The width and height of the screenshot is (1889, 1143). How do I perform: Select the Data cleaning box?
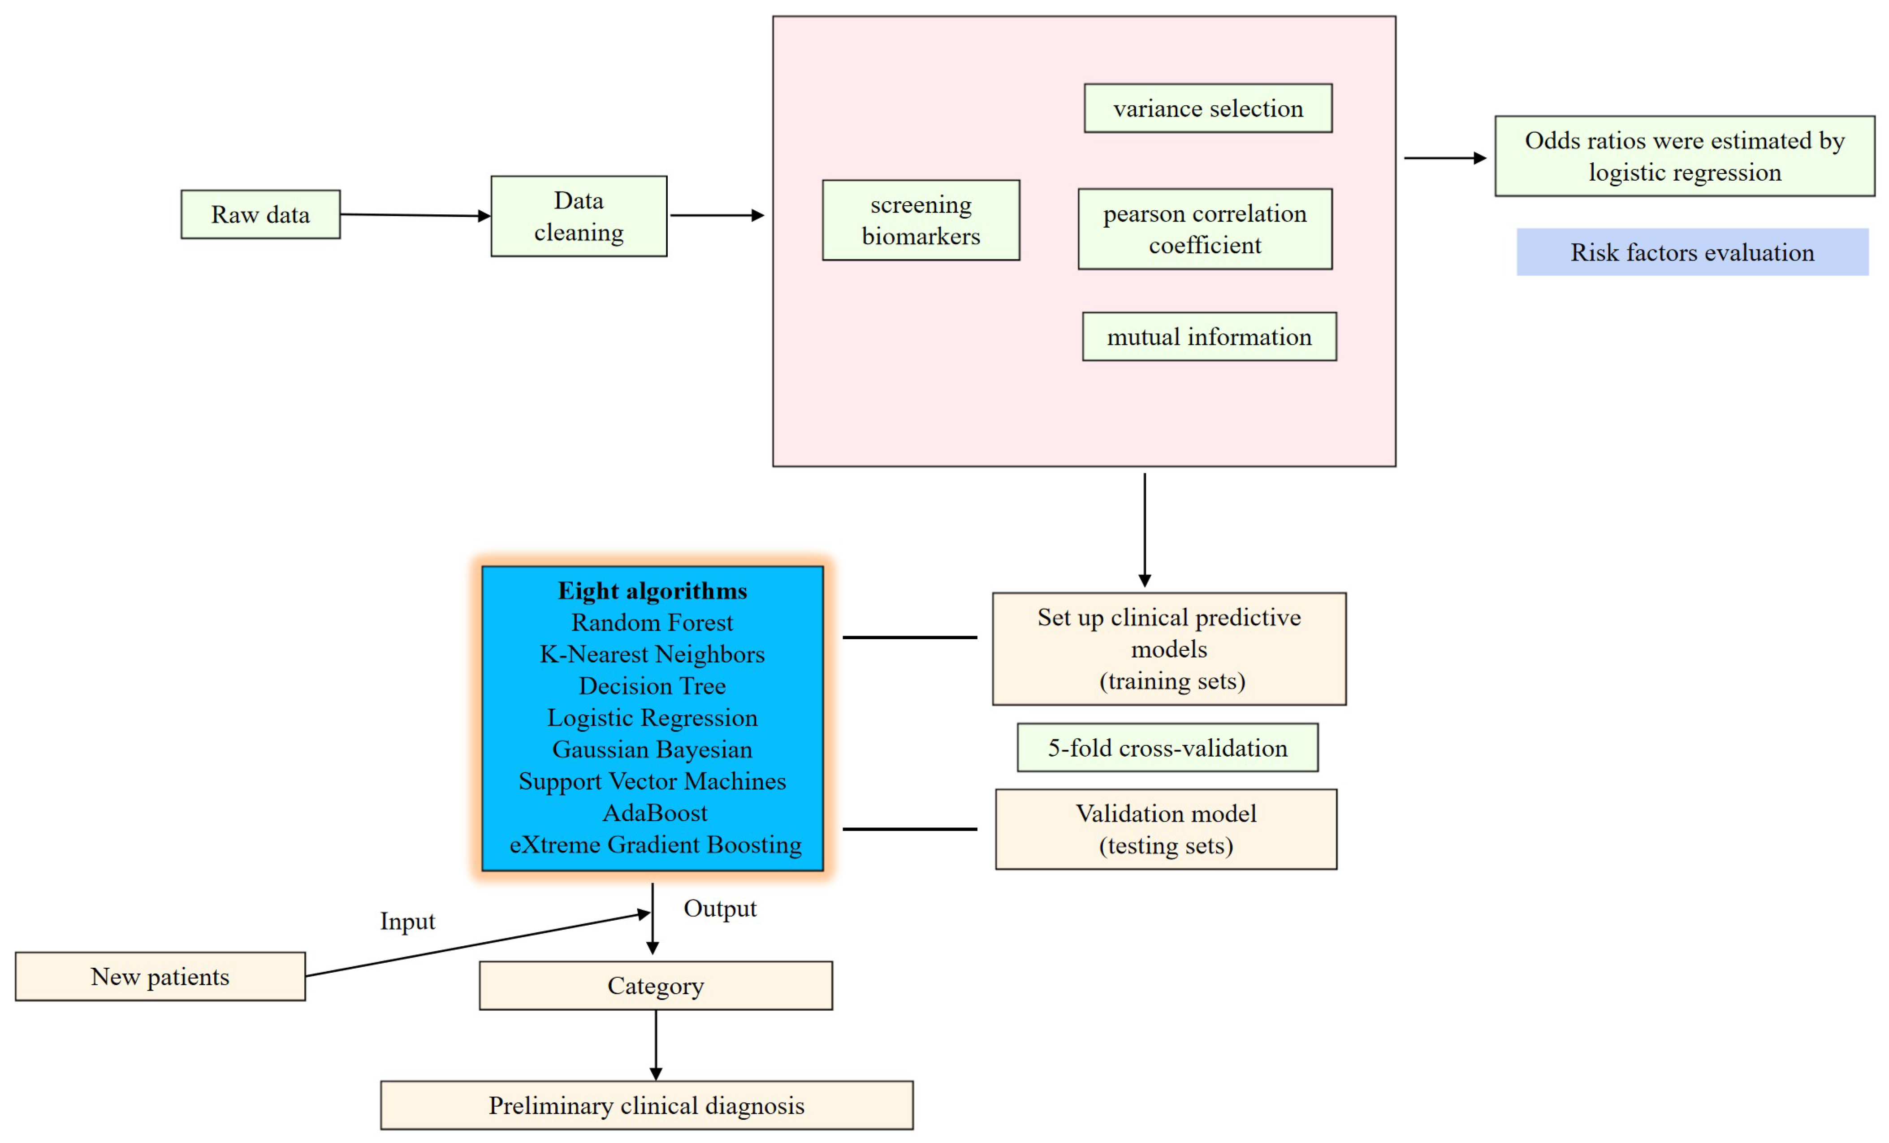(579, 216)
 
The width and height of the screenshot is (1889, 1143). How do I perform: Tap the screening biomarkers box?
(921, 220)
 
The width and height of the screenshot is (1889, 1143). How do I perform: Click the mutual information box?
(1209, 337)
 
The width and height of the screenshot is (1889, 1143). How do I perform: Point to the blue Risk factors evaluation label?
(1692, 252)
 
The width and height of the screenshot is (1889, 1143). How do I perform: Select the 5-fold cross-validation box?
(1167, 748)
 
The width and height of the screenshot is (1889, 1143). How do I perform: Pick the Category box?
(656, 985)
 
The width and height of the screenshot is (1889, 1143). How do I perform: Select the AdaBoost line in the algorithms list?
(655, 813)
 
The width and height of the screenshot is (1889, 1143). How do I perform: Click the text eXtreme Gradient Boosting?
(656, 844)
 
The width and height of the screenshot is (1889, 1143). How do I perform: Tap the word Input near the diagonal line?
(407, 921)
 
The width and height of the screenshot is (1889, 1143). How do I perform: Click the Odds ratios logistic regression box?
(1684, 156)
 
